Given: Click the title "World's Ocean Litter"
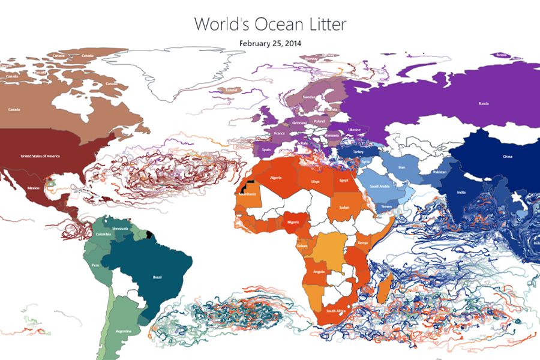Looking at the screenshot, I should pyautogui.click(x=270, y=24).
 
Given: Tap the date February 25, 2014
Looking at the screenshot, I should pyautogui.click(x=270, y=43).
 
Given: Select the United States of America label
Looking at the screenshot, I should pyautogui.click(x=40, y=156).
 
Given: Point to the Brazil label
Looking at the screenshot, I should pyautogui.click(x=158, y=277).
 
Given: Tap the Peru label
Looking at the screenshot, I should pyautogui.click(x=95, y=265).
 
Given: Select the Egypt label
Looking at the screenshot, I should pyautogui.click(x=344, y=180).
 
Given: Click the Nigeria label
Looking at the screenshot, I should pyautogui.click(x=293, y=221).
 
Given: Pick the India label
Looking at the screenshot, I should pyautogui.click(x=460, y=192).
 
